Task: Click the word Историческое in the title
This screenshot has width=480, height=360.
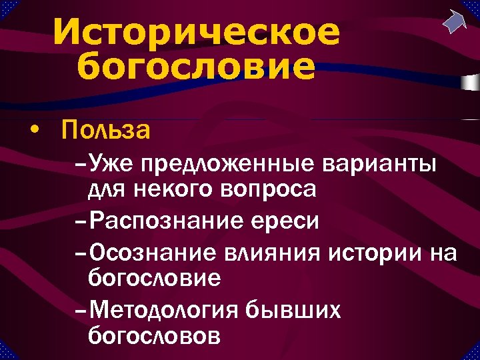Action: [196, 33]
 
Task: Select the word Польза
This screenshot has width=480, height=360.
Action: [105, 131]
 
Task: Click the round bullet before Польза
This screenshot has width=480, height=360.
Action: [34, 131]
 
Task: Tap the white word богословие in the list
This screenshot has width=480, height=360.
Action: [154, 278]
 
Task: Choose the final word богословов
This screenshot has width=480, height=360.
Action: [153, 336]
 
